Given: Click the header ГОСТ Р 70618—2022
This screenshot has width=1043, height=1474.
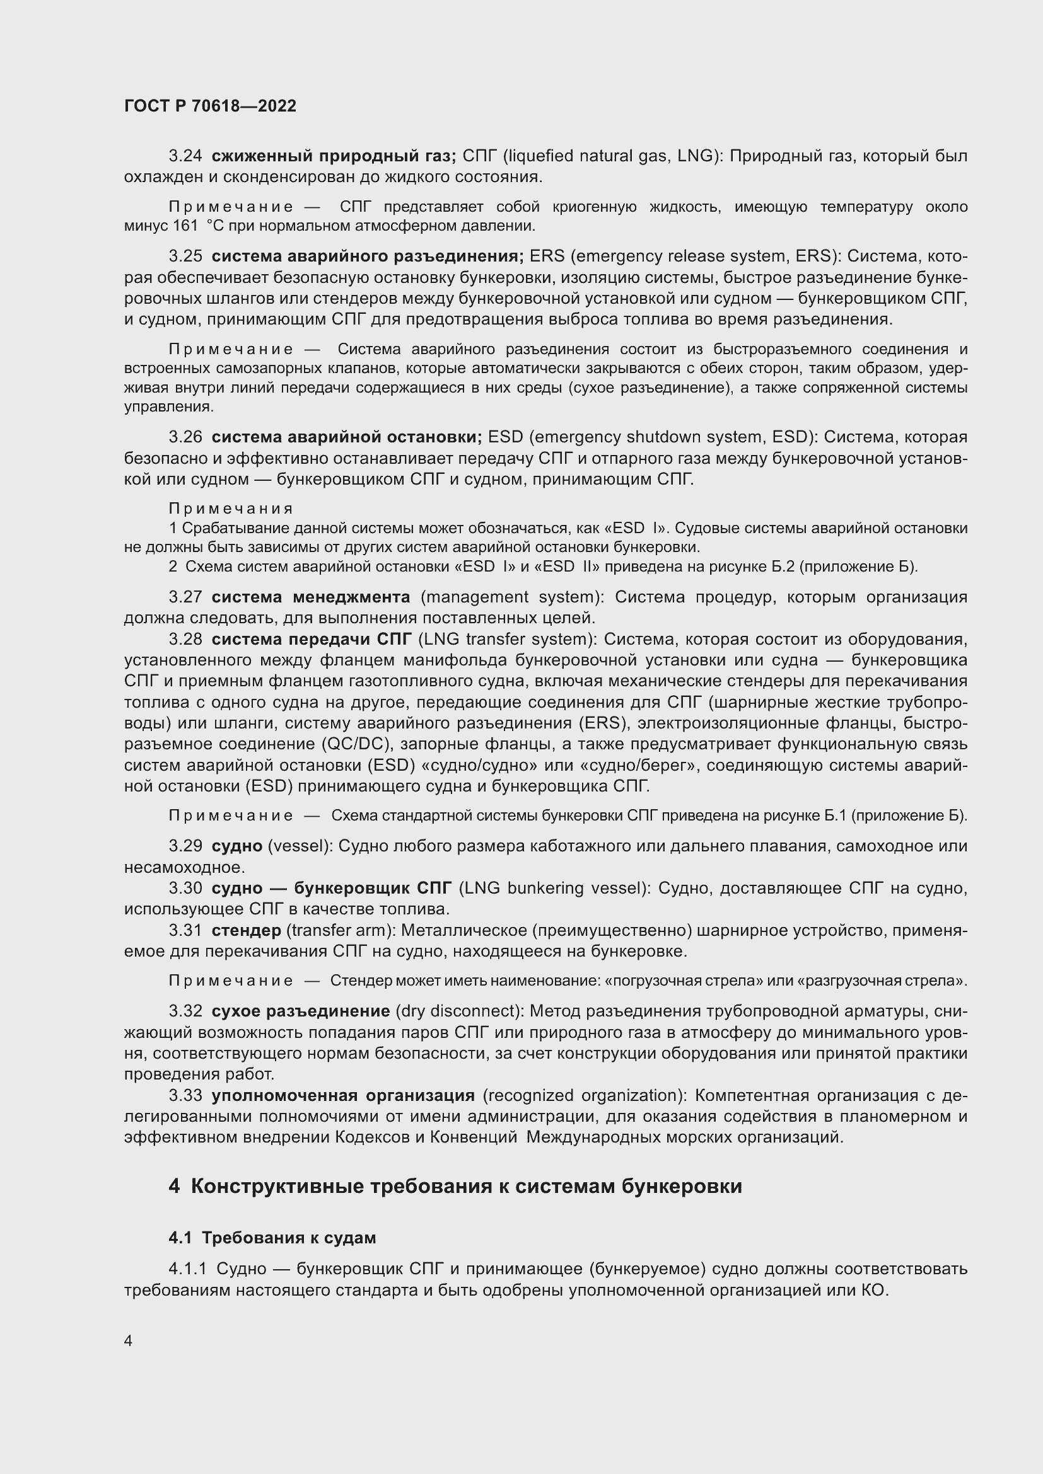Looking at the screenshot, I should [210, 107].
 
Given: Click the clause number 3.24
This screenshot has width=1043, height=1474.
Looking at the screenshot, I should [185, 156].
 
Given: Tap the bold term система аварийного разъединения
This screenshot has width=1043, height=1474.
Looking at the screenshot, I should [368, 256].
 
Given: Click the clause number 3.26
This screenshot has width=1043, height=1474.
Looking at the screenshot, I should [185, 437].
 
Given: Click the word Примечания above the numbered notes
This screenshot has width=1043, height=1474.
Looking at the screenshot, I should [231, 509].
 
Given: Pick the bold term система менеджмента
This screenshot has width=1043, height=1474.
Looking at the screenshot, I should [311, 597].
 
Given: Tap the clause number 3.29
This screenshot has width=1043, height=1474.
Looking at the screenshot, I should [185, 846].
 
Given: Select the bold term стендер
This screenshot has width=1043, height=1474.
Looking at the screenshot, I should [246, 930].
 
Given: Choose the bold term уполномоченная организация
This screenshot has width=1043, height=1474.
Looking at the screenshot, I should [343, 1095].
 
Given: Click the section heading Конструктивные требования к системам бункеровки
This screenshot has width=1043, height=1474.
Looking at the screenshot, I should [466, 1187].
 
